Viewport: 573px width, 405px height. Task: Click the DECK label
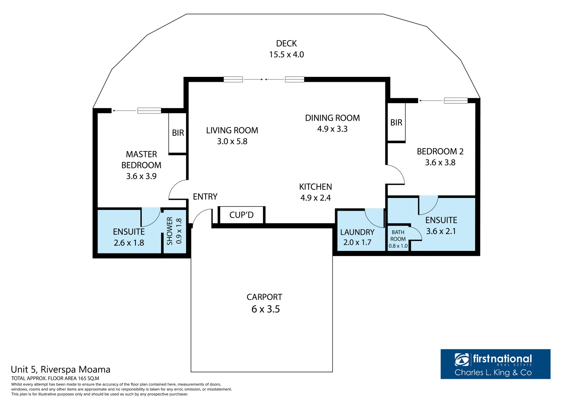click(287, 43)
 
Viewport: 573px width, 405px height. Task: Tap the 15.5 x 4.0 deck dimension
click(287, 54)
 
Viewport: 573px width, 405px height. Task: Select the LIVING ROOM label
click(232, 130)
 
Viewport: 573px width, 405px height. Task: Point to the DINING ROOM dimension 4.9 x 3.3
click(332, 129)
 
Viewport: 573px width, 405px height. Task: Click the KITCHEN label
click(316, 187)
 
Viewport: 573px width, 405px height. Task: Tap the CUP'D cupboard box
click(242, 215)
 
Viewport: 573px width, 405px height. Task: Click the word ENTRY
click(205, 196)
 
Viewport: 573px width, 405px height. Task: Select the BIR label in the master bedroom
click(178, 133)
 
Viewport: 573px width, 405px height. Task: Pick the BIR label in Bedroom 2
click(396, 123)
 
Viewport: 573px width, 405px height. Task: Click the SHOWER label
click(170, 231)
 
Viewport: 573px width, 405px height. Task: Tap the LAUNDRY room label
click(357, 232)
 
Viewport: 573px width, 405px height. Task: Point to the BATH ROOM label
click(398, 235)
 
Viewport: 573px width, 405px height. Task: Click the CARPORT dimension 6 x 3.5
click(266, 309)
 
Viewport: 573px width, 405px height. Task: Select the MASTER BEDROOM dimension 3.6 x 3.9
click(141, 176)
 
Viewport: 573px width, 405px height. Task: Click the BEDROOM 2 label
click(440, 151)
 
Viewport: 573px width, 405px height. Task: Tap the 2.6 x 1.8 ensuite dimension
click(129, 243)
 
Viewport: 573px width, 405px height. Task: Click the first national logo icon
click(462, 360)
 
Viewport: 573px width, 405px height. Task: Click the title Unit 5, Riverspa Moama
click(61, 370)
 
